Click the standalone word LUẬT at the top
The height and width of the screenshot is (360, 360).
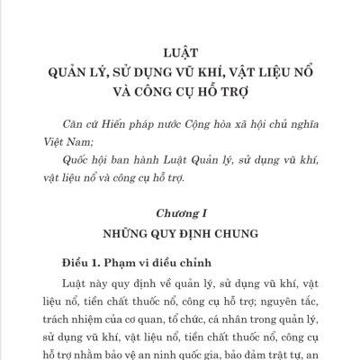[x=180, y=53]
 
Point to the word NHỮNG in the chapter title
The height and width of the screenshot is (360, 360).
[x=125, y=234]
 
